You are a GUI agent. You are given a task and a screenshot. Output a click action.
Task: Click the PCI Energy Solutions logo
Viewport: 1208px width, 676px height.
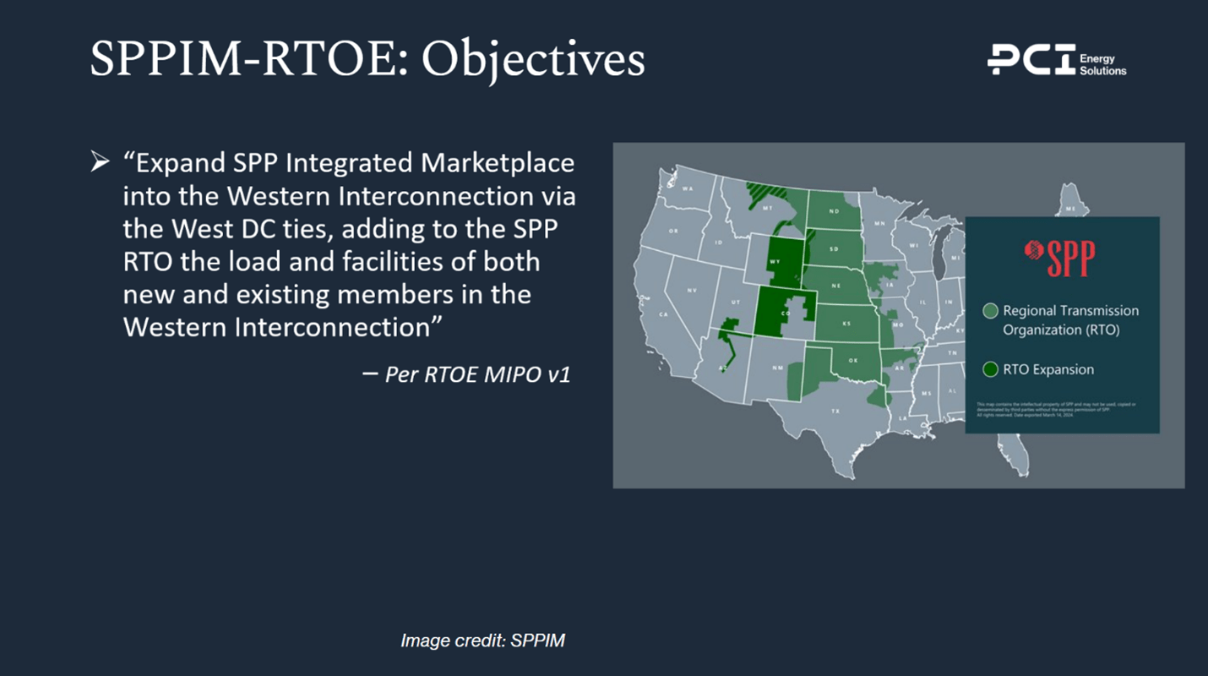pyautogui.click(x=1057, y=61)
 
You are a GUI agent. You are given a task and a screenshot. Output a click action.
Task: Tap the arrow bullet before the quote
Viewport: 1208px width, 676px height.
pyautogui.click(x=100, y=161)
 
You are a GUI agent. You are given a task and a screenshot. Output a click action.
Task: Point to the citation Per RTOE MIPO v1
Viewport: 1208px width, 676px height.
pyautogui.click(x=477, y=374)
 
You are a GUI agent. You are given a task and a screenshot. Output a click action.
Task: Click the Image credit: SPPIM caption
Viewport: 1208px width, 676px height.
pyautogui.click(x=482, y=641)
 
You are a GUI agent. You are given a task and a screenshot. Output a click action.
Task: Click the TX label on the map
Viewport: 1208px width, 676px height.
pyautogui.click(x=835, y=412)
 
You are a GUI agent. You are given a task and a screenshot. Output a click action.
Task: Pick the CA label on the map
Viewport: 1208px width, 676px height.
pyautogui.click(x=664, y=314)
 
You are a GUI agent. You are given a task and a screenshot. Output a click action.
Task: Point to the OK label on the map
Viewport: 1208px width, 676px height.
pyautogui.click(x=853, y=361)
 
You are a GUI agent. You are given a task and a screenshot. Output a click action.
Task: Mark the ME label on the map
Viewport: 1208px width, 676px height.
pyautogui.click(x=1071, y=208)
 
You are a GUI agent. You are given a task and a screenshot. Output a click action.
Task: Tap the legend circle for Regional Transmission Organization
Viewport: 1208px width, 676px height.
pyautogui.click(x=991, y=311)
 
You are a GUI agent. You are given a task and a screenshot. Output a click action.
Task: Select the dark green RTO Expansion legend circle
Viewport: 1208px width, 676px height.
pyautogui.click(x=991, y=369)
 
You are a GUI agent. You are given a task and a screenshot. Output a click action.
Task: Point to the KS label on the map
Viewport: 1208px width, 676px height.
pyautogui.click(x=846, y=324)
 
